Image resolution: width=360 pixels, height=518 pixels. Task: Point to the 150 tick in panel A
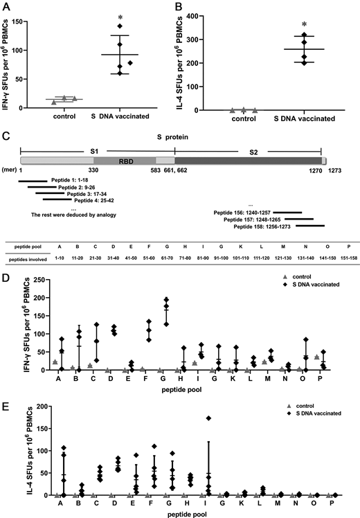point(33,15)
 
